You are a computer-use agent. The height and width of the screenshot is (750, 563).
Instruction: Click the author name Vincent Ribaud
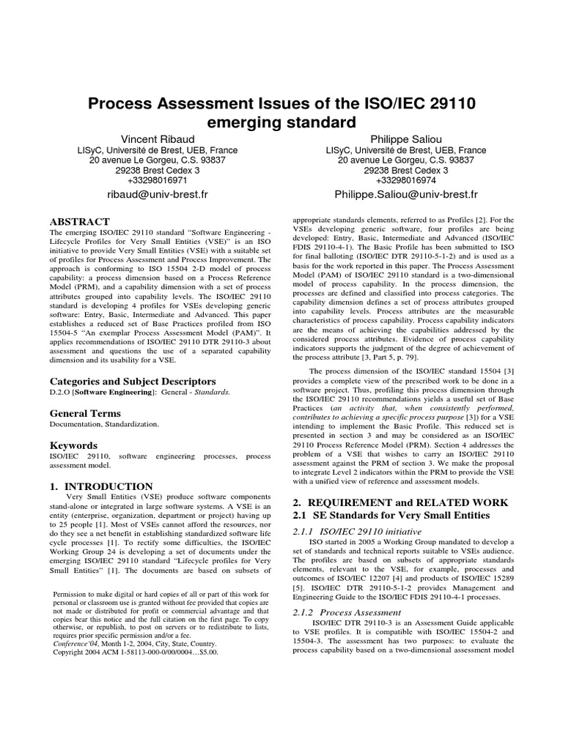click(158, 139)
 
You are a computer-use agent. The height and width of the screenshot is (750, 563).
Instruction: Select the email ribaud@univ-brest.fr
click(158, 195)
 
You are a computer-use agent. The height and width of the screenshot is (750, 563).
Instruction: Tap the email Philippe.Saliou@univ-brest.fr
click(405, 195)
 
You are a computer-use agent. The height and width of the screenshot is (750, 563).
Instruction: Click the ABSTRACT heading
click(79, 221)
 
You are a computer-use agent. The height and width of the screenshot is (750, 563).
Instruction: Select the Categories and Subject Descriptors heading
click(132, 382)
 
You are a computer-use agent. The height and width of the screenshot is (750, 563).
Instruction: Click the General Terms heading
click(84, 413)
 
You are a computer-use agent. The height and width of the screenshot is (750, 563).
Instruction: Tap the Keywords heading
click(73, 445)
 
